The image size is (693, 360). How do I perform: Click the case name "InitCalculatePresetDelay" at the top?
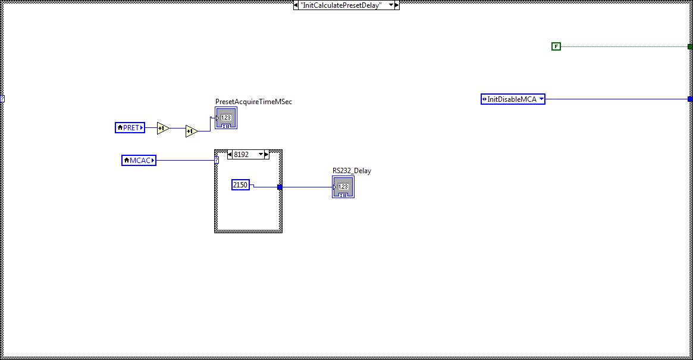(340, 5)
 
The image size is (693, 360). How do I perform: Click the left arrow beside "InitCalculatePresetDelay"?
(296, 5)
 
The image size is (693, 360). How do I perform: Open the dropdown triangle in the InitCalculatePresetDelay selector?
(390, 5)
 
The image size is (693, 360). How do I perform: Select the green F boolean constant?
(556, 46)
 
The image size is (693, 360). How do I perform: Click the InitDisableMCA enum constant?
(512, 99)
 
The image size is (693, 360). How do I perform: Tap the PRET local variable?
(130, 127)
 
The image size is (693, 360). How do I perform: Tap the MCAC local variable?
(139, 160)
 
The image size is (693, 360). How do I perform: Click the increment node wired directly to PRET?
(163, 128)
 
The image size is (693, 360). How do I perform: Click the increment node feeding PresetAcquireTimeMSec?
(191, 132)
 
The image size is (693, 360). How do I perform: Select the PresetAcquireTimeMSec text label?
(253, 102)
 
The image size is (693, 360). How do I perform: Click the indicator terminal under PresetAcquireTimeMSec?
(226, 118)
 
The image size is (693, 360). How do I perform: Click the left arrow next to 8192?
(230, 154)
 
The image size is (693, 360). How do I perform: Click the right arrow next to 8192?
(266, 154)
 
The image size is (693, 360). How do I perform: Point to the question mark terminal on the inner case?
(217, 160)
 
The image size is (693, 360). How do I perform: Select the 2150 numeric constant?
(240, 185)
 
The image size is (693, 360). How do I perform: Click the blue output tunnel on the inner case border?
(280, 187)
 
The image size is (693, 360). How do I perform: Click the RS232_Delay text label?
(352, 171)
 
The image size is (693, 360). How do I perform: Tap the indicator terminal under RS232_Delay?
(343, 187)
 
